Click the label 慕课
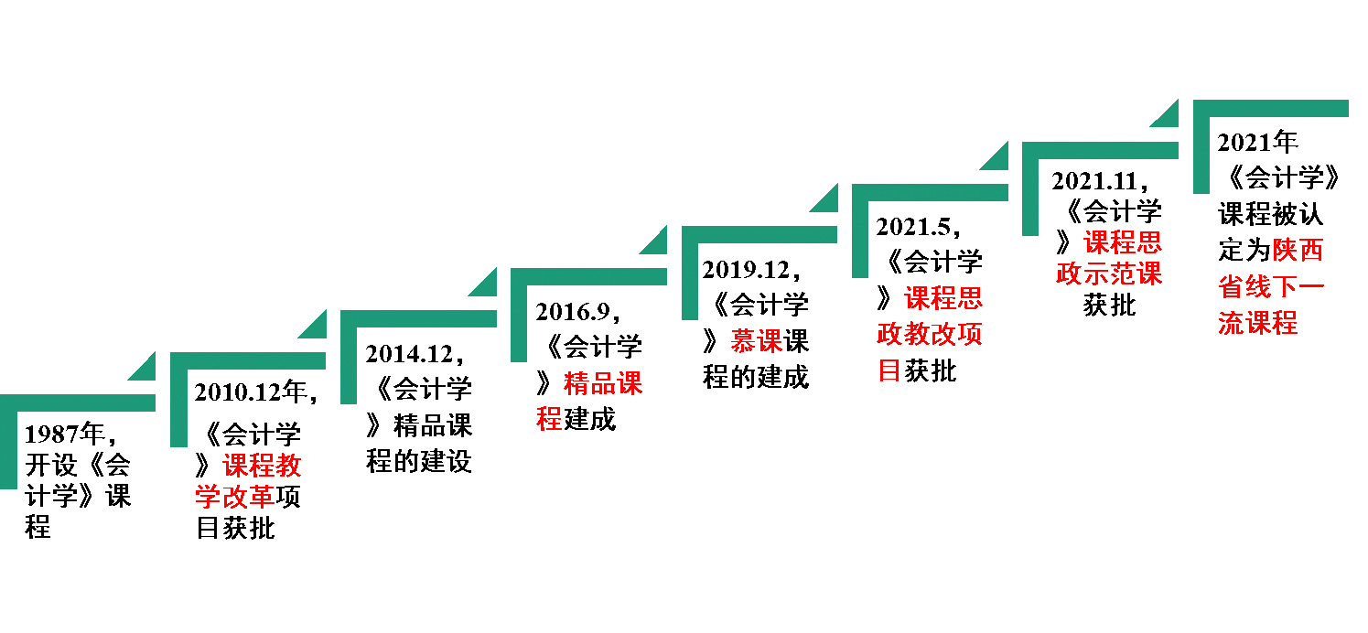coord(757,341)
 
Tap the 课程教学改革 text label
coord(248,481)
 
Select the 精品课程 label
coord(590,400)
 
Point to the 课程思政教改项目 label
coord(930,333)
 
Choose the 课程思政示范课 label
coord(1109,258)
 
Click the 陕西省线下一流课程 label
coord(1271,286)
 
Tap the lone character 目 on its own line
coord(889,370)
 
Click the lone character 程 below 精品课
coord(549,418)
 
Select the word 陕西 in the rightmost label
coord(1298,250)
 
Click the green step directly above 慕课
coord(759,235)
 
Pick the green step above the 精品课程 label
coord(588,277)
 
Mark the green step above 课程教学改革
coord(247,361)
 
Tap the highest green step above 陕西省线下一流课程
coord(1270,109)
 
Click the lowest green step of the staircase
coord(78,403)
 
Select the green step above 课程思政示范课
coord(1099,151)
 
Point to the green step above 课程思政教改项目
coord(929,193)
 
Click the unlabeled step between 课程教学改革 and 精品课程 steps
coord(418,319)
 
